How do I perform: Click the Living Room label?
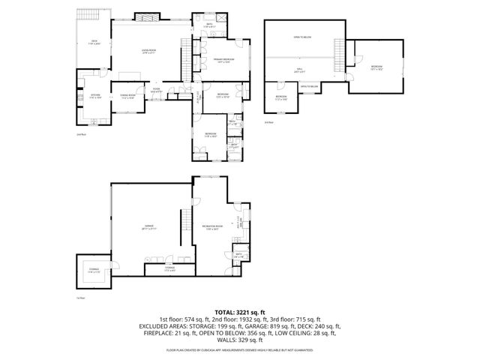148,52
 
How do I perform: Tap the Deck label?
94,42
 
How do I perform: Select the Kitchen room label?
95,96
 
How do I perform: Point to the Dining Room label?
127,96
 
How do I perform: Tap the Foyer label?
157,90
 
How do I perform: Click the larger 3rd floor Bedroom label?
376,67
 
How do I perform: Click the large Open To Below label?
301,36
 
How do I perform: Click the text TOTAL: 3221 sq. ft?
240,311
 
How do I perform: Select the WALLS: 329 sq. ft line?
240,340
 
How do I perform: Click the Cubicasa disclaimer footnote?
240,349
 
